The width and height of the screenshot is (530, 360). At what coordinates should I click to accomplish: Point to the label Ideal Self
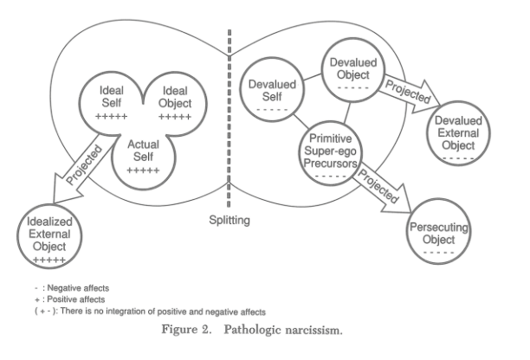coord(111,96)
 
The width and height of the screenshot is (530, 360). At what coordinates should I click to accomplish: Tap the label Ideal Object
coord(175,97)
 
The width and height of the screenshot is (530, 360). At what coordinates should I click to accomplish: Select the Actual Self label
coord(143,151)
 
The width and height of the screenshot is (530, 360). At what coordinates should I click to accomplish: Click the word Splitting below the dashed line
coord(229,220)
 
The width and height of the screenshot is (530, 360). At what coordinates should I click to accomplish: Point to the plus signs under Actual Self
coord(143,170)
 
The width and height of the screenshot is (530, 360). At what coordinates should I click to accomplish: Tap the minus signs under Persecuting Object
coord(439,253)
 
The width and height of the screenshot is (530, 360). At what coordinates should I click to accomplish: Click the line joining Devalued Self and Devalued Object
coord(313,77)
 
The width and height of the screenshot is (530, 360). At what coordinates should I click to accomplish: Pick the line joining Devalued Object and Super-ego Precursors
coord(347,112)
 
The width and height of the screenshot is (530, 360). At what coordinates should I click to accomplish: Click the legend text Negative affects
coord(78,288)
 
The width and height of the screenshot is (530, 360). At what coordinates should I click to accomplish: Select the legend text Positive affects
coord(76,299)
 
